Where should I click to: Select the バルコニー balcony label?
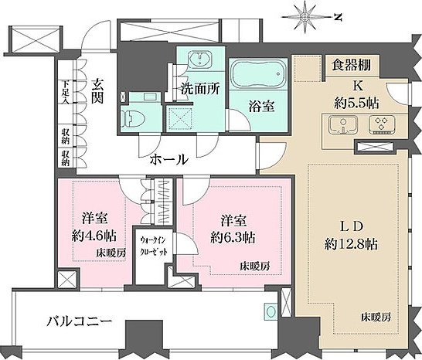click(78, 319)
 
